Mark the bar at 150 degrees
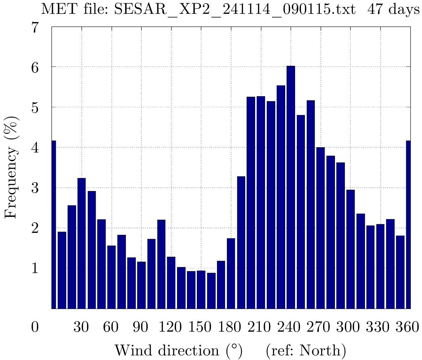click(x=201, y=290)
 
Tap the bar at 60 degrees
click(x=111, y=277)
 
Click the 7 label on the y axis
click(x=35, y=28)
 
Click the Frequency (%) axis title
click(x=11, y=167)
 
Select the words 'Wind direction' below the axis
click(x=166, y=350)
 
